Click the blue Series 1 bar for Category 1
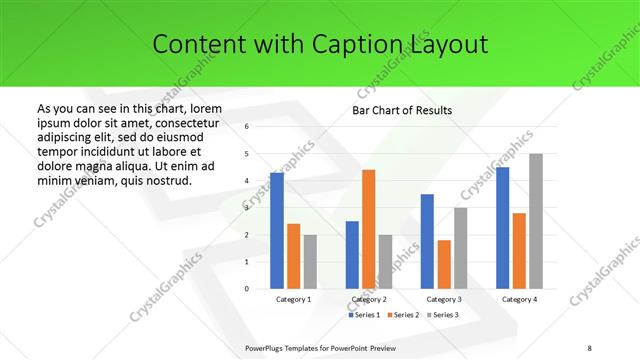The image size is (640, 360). pyautogui.click(x=276, y=231)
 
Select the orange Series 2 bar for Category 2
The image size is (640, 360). pyautogui.click(x=369, y=229)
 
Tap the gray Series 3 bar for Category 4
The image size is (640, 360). pyautogui.click(x=536, y=221)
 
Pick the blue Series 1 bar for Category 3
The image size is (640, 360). pyautogui.click(x=427, y=241)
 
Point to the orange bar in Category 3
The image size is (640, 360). pyautogui.click(x=444, y=264)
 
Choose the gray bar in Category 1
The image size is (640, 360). pyautogui.click(x=310, y=262)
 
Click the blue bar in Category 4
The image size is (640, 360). pyautogui.click(x=502, y=228)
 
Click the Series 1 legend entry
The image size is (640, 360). pyautogui.click(x=365, y=314)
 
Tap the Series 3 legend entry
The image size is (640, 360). pyautogui.click(x=444, y=314)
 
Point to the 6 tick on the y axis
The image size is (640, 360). pyautogui.click(x=246, y=127)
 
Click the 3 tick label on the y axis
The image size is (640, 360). pyautogui.click(x=246, y=208)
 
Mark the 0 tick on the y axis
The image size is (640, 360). pyautogui.click(x=246, y=289)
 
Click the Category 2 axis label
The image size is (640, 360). pyautogui.click(x=369, y=299)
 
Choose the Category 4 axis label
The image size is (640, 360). pyautogui.click(x=519, y=299)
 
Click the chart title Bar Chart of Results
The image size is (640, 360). pyautogui.click(x=402, y=109)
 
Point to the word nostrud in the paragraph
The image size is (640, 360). pyautogui.click(x=166, y=180)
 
